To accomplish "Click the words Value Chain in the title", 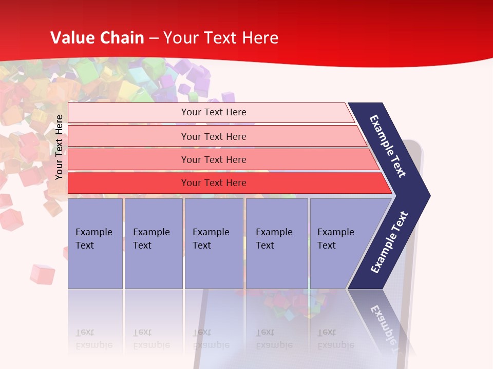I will coord(97,38).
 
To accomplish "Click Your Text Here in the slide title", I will coord(221,38).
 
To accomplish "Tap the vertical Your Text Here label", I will coord(59,147).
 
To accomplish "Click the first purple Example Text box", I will coord(95,243).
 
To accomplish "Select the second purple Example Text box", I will coord(153,243).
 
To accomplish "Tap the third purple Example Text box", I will coord(213,243).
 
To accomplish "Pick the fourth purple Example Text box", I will coord(276,243).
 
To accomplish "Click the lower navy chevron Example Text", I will coord(389,242).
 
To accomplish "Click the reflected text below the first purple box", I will coord(93,339).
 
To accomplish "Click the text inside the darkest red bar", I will coord(214,183).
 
